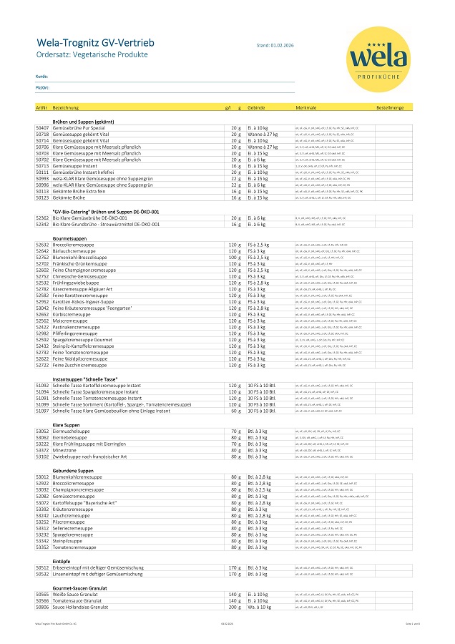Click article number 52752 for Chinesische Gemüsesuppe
(41, 276)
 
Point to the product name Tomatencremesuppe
(74, 547)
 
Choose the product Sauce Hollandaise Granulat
(80, 607)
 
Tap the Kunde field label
(41, 75)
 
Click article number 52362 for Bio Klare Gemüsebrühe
(41, 218)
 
